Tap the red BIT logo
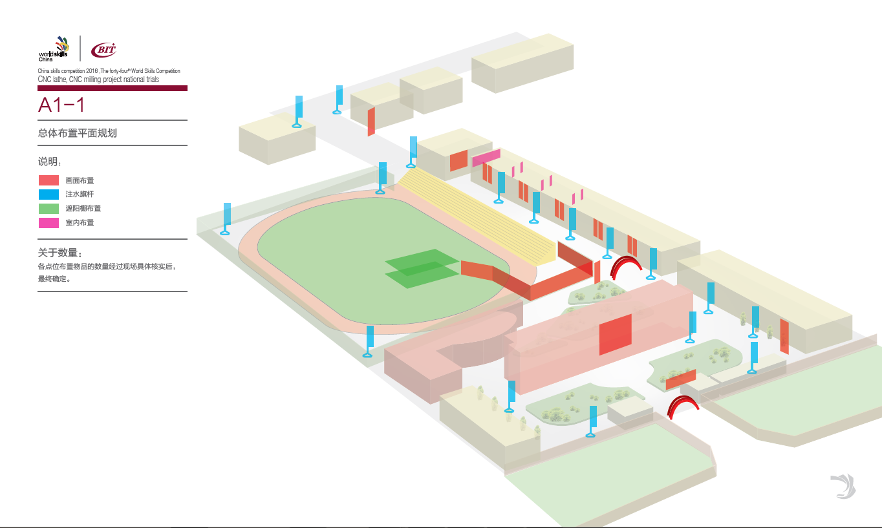(103, 49)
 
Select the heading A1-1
(61, 105)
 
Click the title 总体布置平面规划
(77, 133)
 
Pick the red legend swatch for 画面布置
(49, 180)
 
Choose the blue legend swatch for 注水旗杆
(49, 194)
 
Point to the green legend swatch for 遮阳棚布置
(49, 208)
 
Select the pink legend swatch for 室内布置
(49, 222)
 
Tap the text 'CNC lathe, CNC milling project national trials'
(98, 79)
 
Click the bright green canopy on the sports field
(420, 268)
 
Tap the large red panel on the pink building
(615, 334)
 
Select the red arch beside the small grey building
(683, 406)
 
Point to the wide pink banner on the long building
(486, 158)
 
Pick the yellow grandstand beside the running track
(479, 214)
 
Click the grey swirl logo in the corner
(843, 486)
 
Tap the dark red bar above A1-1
(113, 88)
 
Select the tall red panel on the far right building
(784, 336)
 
